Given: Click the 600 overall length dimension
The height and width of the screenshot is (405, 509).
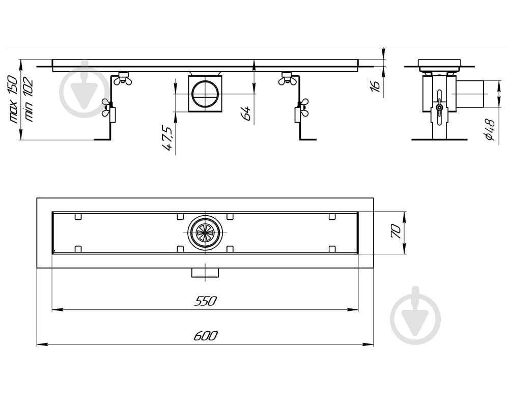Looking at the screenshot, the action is click(206, 336).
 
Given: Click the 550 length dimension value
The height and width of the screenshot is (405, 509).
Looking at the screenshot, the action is click(205, 301).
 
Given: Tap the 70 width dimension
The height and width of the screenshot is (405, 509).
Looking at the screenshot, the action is click(397, 232).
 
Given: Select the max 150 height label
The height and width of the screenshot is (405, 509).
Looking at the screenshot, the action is click(14, 99).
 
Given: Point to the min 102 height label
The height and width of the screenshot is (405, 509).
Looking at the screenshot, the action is click(28, 100).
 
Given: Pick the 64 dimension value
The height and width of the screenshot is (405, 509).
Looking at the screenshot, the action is click(246, 113).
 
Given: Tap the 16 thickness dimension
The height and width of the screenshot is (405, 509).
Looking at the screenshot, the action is click(375, 85).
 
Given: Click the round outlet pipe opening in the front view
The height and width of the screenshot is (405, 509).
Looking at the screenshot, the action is click(206, 94).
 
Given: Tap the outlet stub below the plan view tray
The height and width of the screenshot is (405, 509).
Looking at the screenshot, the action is click(205, 273).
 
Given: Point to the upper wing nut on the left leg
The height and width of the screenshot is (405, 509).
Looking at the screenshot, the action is click(123, 78).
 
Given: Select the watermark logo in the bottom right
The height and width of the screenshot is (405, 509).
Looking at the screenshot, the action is click(415, 315).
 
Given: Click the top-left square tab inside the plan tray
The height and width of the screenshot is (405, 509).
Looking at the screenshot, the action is click(78, 217).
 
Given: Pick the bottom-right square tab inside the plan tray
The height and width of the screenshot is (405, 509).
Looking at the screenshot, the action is click(332, 249).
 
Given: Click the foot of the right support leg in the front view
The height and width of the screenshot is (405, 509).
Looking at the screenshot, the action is click(307, 139).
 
